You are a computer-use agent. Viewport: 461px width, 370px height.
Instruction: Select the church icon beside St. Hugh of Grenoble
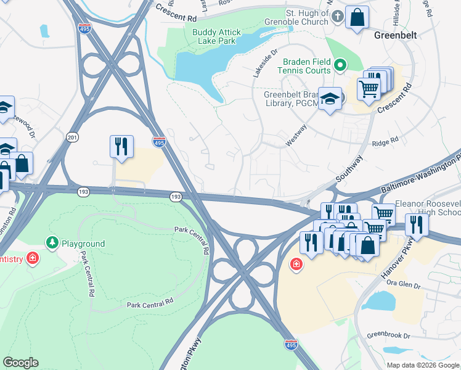coord(337,17)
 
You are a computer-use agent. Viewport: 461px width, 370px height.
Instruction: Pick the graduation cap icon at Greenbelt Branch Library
coord(330,99)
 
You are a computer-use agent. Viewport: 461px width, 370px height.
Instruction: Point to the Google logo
coord(20,363)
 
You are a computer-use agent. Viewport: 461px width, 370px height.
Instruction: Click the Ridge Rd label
coord(385,142)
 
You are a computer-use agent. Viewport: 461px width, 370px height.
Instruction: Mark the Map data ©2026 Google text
coord(423,365)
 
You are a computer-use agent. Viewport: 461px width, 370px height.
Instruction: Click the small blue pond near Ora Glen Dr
coord(381,302)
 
